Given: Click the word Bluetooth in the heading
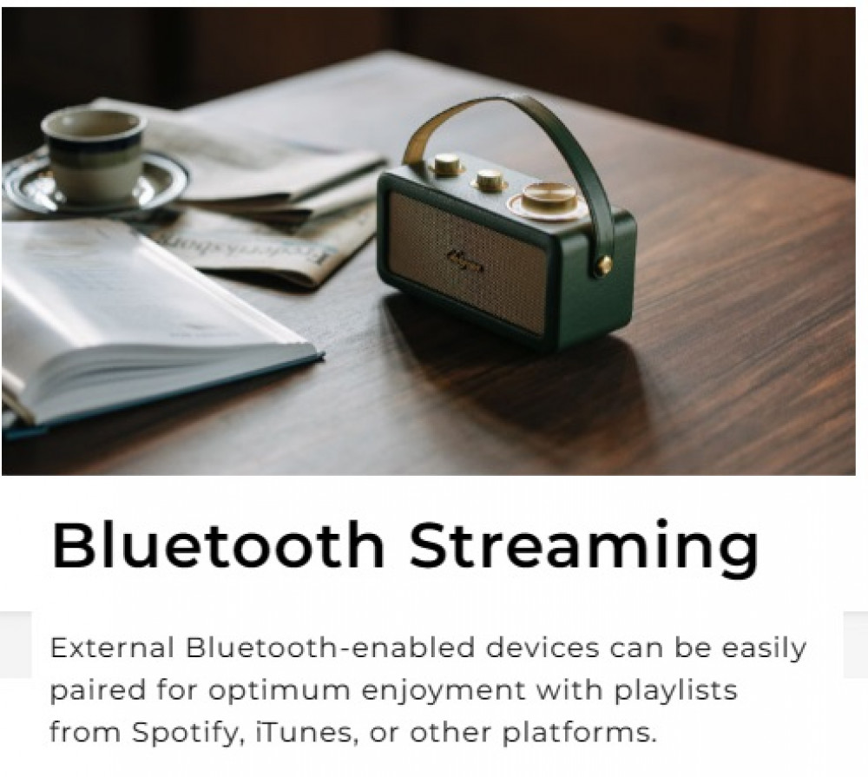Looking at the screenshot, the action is [218, 544].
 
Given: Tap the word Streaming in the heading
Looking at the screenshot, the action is [583, 550].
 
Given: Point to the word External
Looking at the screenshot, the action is [113, 648].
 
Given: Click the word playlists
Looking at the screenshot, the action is [676, 690].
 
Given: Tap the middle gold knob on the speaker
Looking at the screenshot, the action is [490, 181].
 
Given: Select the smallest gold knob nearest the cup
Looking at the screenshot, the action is [446, 164].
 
